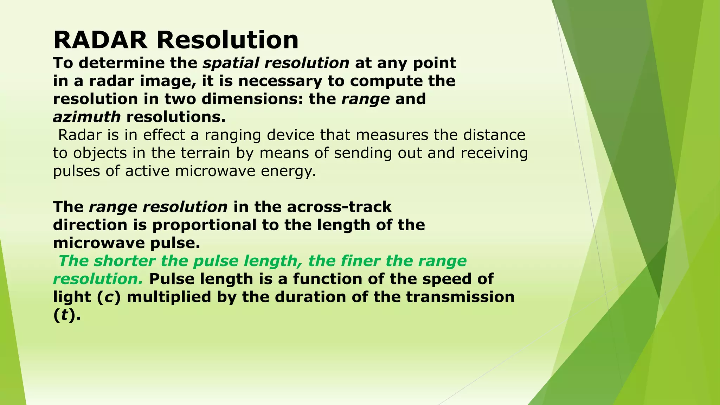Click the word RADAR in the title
click(x=100, y=40)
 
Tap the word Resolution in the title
click(x=227, y=40)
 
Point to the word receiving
click(x=494, y=153)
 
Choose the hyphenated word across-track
click(x=339, y=207)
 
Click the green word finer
click(x=360, y=261)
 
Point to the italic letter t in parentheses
click(x=64, y=315)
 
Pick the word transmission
click(x=460, y=297)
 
